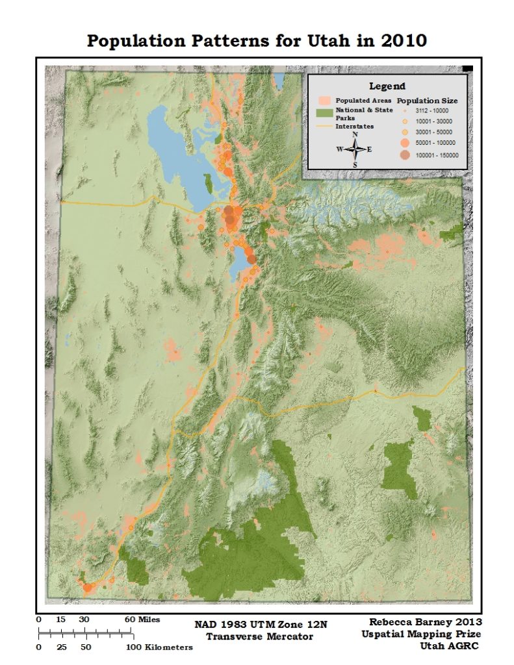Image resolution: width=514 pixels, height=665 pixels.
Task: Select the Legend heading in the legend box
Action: (x=387, y=86)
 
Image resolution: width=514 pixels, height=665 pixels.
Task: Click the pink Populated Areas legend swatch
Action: (x=325, y=101)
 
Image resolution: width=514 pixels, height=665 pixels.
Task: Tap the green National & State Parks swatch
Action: (x=325, y=112)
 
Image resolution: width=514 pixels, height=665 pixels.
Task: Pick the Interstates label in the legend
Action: (x=354, y=127)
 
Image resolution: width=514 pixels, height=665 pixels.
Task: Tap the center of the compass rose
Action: (x=355, y=149)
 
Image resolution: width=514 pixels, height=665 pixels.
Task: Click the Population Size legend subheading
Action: (x=427, y=101)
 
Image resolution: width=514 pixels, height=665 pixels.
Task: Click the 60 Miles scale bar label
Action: (x=142, y=620)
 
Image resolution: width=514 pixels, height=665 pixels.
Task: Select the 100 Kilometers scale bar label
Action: (x=161, y=647)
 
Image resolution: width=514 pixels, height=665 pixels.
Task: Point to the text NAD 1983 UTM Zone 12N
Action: (x=261, y=625)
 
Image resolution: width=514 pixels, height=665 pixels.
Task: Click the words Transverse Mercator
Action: (x=260, y=636)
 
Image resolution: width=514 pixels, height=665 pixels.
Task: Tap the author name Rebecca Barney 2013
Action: (x=421, y=621)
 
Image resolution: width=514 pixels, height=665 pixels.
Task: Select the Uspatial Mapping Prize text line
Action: (x=421, y=633)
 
